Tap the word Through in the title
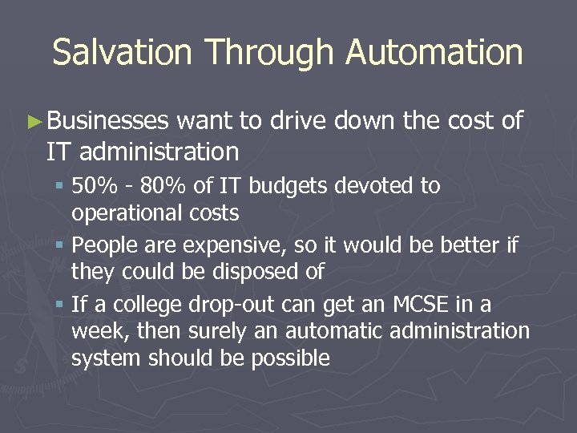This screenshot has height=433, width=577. (269, 53)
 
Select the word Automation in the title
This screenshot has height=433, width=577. (434, 53)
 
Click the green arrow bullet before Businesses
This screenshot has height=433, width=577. (34, 122)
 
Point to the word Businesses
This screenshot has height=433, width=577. (107, 121)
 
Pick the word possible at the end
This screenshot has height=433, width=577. (289, 358)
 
